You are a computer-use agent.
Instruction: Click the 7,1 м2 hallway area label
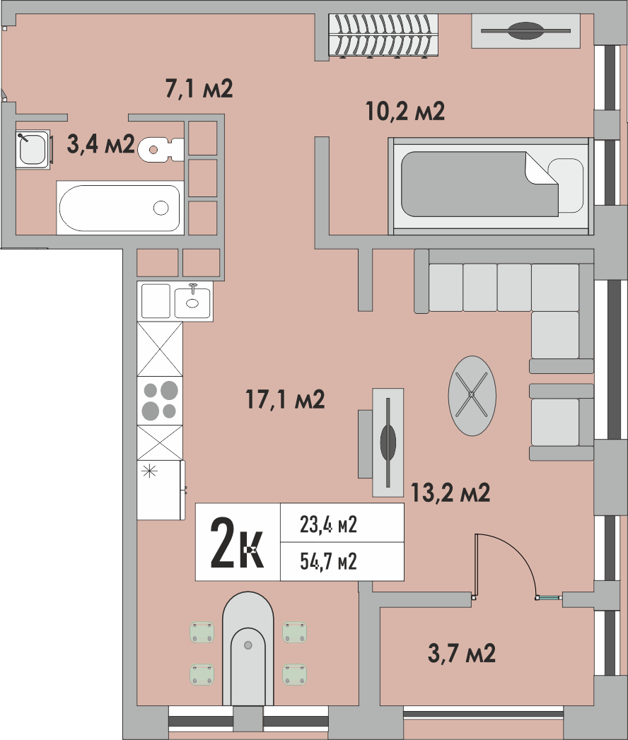(x=199, y=89)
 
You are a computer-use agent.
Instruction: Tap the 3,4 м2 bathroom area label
(x=100, y=144)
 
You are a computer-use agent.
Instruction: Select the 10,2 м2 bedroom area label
(x=405, y=111)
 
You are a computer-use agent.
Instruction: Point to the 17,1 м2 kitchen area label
(x=285, y=400)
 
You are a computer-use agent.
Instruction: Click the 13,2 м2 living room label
(x=450, y=493)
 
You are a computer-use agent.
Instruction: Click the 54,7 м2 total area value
(x=327, y=562)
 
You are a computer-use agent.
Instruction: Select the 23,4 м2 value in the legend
(x=327, y=524)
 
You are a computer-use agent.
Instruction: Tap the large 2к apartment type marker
(x=237, y=543)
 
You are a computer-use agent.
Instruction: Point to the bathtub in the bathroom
(x=120, y=208)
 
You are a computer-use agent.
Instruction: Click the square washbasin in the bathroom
(x=33, y=148)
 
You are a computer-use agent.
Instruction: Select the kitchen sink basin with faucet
(x=192, y=300)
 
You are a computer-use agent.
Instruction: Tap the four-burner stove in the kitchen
(x=159, y=400)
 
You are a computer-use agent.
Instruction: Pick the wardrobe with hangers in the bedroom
(x=384, y=35)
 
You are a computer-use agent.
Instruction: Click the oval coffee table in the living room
(x=472, y=395)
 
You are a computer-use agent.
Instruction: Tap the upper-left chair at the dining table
(x=202, y=632)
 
